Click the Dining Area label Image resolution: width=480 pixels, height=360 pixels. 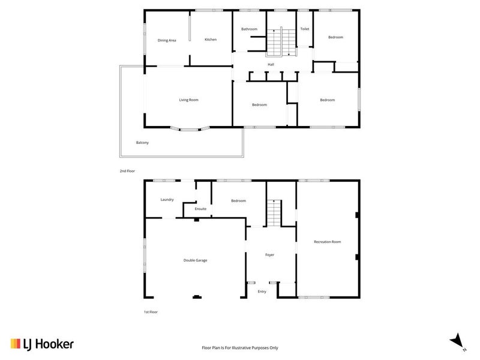pos(167,40)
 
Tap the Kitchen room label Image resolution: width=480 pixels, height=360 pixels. pos(210,40)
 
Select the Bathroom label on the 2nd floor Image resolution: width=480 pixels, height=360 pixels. pos(249,29)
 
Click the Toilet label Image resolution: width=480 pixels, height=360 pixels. pos(304,29)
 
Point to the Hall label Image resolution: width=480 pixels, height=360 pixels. pos(271,64)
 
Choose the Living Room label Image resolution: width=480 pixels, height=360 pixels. pos(188,100)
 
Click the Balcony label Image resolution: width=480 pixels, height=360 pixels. pos(142,142)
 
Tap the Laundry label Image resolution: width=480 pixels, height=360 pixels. pos(167,199)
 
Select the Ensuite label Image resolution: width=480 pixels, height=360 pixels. pos(200,209)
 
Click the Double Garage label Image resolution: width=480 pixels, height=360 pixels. pos(195,260)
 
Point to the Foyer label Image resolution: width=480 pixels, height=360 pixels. pos(270,255)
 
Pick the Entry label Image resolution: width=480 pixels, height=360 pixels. pos(262,292)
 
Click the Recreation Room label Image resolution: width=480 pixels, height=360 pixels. pos(327,242)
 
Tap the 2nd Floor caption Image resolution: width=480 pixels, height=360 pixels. pos(127,171)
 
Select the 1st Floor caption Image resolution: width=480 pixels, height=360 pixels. pos(150,312)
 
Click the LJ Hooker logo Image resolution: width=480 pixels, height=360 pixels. pos(42,344)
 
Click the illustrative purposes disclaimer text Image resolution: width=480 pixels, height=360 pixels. pos(239,347)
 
